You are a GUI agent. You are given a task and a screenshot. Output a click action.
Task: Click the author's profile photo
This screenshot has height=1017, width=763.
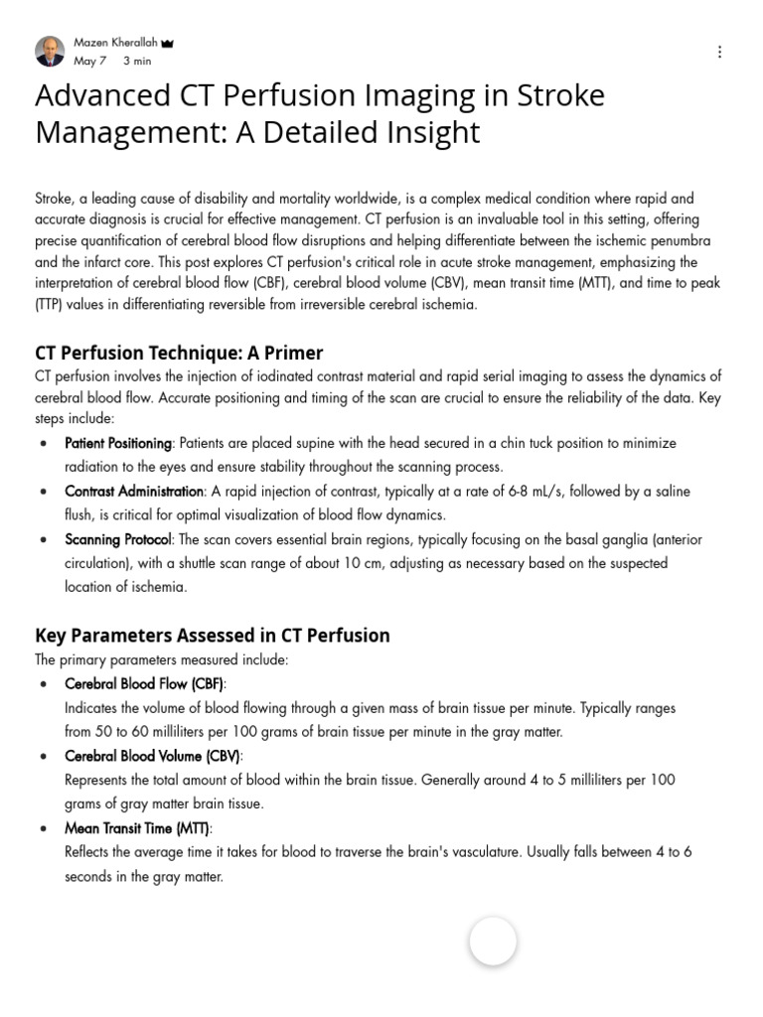coord(50,52)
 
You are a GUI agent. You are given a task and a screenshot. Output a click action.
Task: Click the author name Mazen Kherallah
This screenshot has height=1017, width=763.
coord(114,43)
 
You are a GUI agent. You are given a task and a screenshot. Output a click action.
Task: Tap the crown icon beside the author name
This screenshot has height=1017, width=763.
coord(167,44)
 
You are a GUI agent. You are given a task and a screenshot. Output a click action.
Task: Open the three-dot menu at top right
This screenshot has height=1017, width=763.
coord(719,52)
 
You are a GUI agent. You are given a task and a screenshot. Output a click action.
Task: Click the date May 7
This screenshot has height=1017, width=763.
coord(88,62)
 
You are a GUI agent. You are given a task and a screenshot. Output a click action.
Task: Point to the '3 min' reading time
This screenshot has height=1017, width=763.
coord(137,62)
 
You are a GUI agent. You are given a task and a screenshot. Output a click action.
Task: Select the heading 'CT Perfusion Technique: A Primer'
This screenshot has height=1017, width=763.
coord(179,353)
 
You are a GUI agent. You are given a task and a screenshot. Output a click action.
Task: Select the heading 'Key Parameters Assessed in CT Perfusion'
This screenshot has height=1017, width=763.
coord(212,635)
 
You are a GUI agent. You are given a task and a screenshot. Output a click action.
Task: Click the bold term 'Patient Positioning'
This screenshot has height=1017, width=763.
coord(118,443)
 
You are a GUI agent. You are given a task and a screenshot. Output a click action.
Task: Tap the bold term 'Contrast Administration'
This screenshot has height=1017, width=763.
coord(134,492)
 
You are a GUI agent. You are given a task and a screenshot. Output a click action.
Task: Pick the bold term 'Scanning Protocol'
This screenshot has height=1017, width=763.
coord(118,539)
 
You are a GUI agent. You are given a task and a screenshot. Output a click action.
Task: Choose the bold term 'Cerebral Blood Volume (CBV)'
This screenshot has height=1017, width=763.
coord(152,756)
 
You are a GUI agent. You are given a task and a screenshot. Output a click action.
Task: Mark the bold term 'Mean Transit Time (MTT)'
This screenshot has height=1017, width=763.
coord(138,828)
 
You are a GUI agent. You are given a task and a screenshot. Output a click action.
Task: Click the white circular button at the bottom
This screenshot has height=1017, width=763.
coord(493,942)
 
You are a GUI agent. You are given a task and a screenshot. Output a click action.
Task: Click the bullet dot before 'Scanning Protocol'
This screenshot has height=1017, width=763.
coord(43,540)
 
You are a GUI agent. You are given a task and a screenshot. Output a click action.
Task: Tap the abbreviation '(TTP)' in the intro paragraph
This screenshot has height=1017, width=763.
coord(53,305)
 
